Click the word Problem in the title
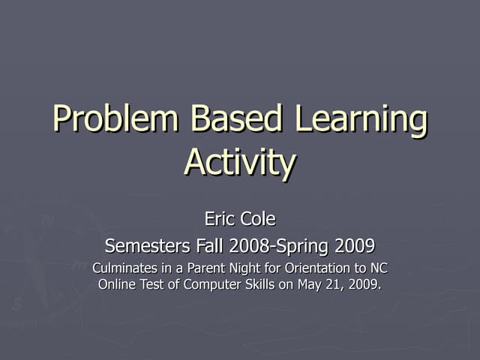(115, 120)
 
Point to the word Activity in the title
(240, 163)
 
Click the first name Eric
(219, 219)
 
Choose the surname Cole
(257, 219)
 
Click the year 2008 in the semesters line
(250, 245)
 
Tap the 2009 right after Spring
(355, 245)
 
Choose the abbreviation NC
(379, 268)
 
